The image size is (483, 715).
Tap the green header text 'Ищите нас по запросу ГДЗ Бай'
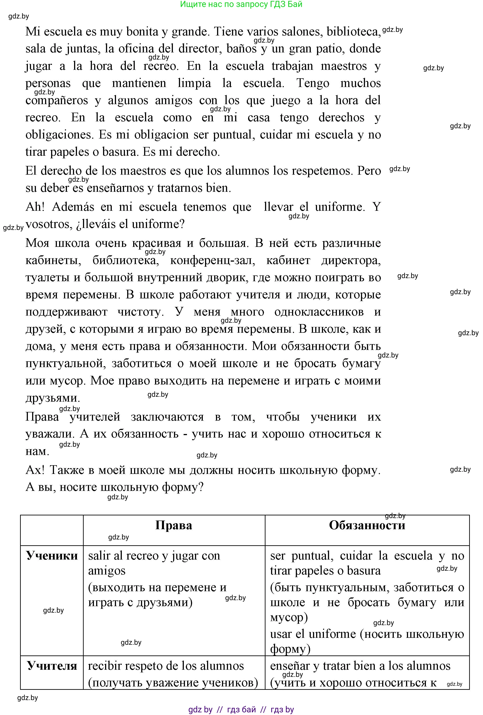click(x=241, y=4)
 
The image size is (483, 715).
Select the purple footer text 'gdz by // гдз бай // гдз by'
click(x=241, y=709)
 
